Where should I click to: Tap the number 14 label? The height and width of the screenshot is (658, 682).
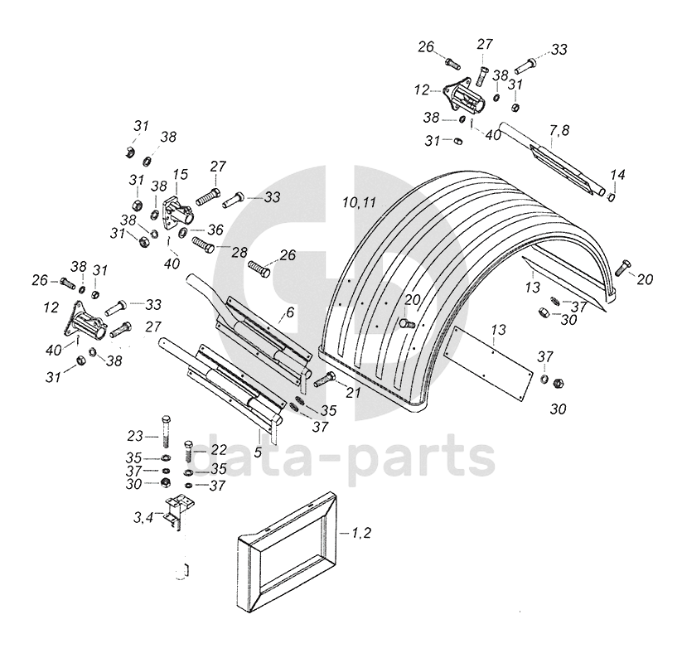coord(617,175)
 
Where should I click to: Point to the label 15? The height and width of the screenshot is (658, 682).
coord(181,174)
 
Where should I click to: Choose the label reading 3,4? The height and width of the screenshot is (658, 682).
coord(143,519)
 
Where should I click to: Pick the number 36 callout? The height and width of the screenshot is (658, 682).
coord(215,230)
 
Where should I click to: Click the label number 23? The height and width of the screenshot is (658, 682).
coord(136,435)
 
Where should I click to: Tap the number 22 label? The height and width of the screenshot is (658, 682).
coord(219,448)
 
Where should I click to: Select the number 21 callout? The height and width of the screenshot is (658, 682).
coord(354,392)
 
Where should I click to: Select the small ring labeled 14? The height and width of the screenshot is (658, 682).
coord(612,197)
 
